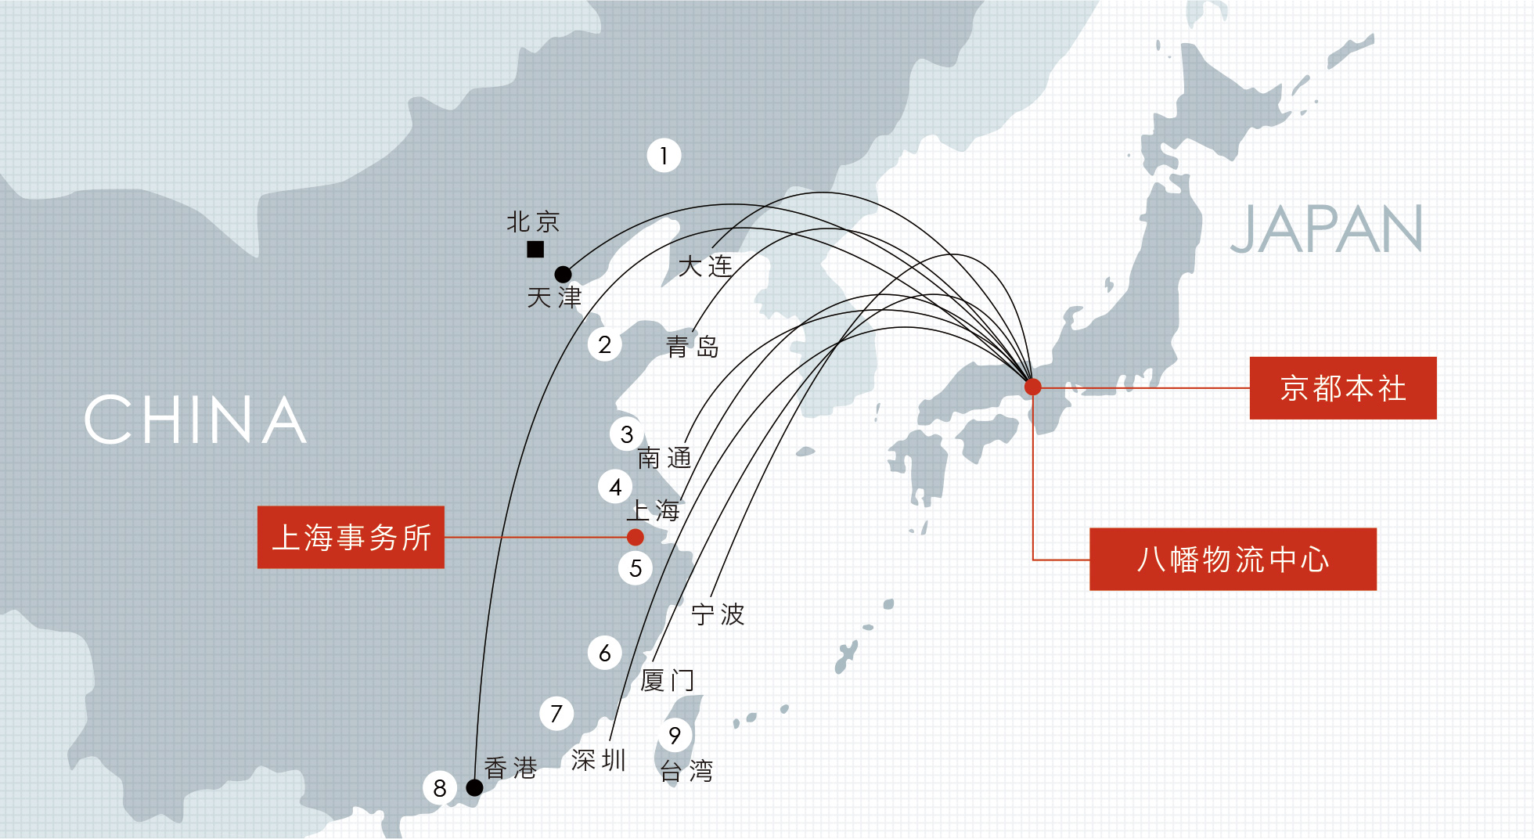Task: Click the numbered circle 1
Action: (664, 156)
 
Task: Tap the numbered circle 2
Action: (604, 344)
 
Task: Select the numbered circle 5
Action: (636, 568)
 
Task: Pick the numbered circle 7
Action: (556, 714)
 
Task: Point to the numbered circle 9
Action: (675, 735)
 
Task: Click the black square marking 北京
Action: (535, 250)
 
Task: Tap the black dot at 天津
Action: (563, 275)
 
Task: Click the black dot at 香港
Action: (474, 787)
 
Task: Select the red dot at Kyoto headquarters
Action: (1033, 387)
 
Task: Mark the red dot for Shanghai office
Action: (636, 537)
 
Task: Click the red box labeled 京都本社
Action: (1343, 388)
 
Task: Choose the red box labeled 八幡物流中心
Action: (1233, 559)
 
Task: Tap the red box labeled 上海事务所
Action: (351, 537)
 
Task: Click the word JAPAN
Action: (1327, 229)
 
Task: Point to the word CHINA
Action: (196, 419)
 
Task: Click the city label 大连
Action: (705, 266)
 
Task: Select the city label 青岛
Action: (693, 346)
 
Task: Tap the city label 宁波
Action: (718, 614)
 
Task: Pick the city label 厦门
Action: (668, 680)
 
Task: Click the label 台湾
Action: (686, 771)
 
